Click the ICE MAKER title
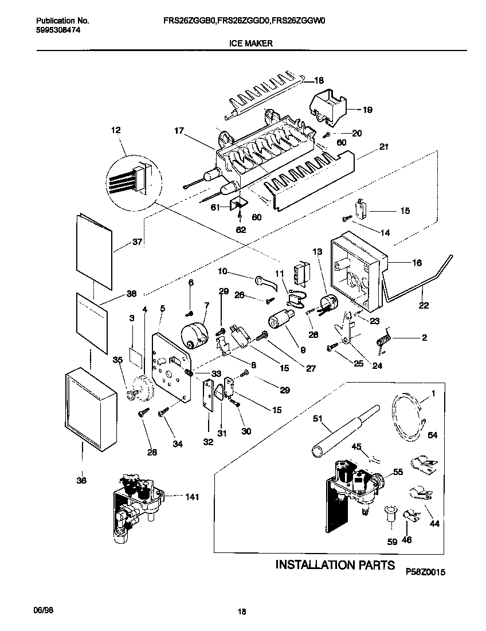[252, 43]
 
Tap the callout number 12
[117, 131]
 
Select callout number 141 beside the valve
[191, 497]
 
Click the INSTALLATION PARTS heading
[335, 565]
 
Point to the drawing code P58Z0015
[425, 572]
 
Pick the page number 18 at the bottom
[242, 612]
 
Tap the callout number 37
[136, 242]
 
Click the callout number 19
[367, 108]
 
